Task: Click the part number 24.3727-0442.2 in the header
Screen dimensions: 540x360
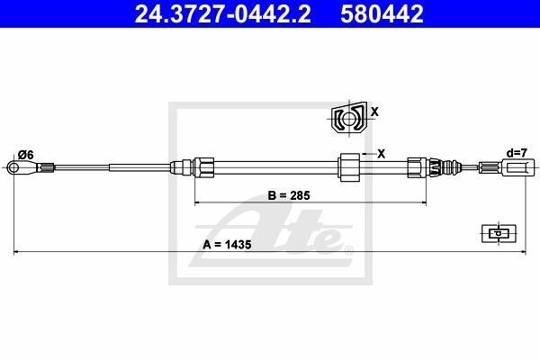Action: click(223, 13)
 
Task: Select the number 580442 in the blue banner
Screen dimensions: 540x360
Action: click(382, 13)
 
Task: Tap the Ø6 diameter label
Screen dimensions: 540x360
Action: click(26, 156)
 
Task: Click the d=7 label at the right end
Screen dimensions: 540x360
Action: click(517, 153)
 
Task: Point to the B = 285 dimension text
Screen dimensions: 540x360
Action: click(289, 195)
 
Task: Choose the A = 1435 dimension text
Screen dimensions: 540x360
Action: click(227, 245)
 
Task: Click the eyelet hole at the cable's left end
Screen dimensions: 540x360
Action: click(13, 168)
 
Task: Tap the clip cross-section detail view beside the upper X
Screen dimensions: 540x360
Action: click(349, 118)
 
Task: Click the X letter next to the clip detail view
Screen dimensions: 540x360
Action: click(374, 112)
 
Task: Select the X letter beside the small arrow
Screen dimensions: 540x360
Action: click(381, 154)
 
